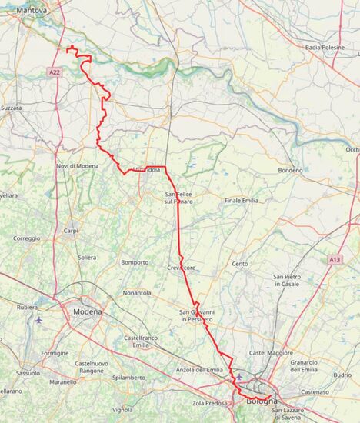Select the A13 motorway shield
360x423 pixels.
tap(335, 260)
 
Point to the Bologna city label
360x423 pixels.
tap(261, 401)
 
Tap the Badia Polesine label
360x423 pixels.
tap(325, 48)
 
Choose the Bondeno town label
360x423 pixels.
tap(291, 170)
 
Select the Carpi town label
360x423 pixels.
tap(71, 231)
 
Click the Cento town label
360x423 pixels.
tap(240, 264)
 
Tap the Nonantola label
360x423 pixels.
tap(137, 293)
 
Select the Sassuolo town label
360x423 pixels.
tap(28, 373)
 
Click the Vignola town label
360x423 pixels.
tap(122, 409)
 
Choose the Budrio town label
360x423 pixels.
tap(343, 375)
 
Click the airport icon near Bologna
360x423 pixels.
tap(239, 376)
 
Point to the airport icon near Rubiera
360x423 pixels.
tap(38, 319)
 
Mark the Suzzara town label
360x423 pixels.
tap(11, 108)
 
